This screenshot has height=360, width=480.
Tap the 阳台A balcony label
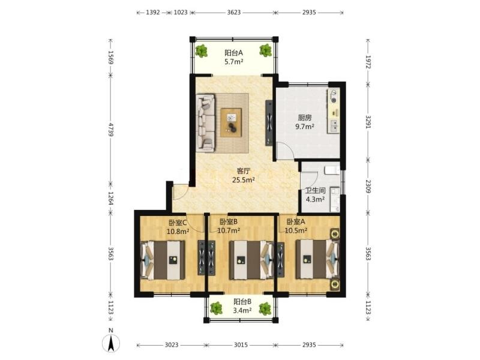(233, 53)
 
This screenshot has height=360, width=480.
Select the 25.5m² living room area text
(244, 180)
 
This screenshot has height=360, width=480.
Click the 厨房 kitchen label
(305, 118)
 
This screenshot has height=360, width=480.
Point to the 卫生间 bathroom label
(316, 191)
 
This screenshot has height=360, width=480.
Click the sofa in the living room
(206, 123)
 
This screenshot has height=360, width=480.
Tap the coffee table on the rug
(232, 122)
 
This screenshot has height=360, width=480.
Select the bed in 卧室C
(163, 260)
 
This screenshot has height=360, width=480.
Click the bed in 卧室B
(251, 260)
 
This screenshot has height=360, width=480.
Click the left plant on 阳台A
(202, 51)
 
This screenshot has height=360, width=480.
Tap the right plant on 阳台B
(265, 308)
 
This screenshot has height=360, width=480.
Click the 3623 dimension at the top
(234, 13)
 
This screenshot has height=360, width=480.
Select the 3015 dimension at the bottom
(241, 345)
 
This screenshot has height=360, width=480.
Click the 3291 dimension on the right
(368, 122)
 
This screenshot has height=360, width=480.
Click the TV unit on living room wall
(269, 123)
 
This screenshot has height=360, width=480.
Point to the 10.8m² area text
(178, 232)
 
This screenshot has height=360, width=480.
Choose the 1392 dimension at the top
(153, 13)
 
